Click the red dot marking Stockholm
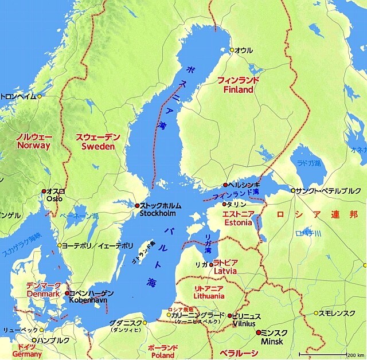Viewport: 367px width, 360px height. (x=137, y=205)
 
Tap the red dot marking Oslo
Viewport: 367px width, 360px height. (x=44, y=191)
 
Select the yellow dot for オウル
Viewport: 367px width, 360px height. (x=232, y=50)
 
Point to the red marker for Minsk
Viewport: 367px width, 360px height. (x=258, y=332)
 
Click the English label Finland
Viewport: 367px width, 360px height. (x=239, y=91)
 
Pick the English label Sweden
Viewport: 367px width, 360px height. (x=98, y=147)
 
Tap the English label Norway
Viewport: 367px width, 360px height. (x=33, y=146)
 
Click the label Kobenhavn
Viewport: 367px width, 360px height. (x=87, y=300)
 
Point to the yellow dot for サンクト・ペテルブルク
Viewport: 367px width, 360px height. (x=293, y=190)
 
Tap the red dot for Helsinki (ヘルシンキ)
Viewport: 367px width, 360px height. (x=225, y=185)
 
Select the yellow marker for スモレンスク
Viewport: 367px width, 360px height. (x=315, y=313)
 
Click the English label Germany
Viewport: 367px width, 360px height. (x=27, y=355)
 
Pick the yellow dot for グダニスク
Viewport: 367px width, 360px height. (x=145, y=323)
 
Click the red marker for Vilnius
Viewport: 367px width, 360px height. (x=230, y=316)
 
